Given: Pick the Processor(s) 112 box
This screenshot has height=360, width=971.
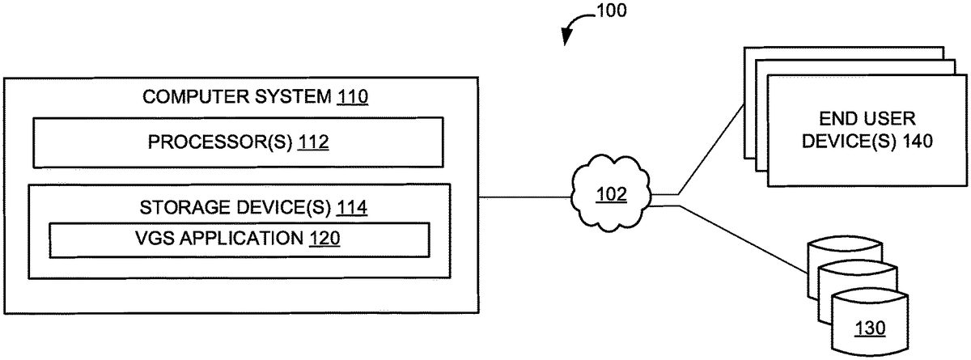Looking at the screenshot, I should click(237, 142).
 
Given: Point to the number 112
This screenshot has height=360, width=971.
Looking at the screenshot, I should click(314, 142).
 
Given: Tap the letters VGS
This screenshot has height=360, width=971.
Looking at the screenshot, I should click(153, 239).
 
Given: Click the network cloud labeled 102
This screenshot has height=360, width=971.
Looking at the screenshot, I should click(610, 195).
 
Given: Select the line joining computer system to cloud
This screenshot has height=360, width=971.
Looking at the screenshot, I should click(526, 196).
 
